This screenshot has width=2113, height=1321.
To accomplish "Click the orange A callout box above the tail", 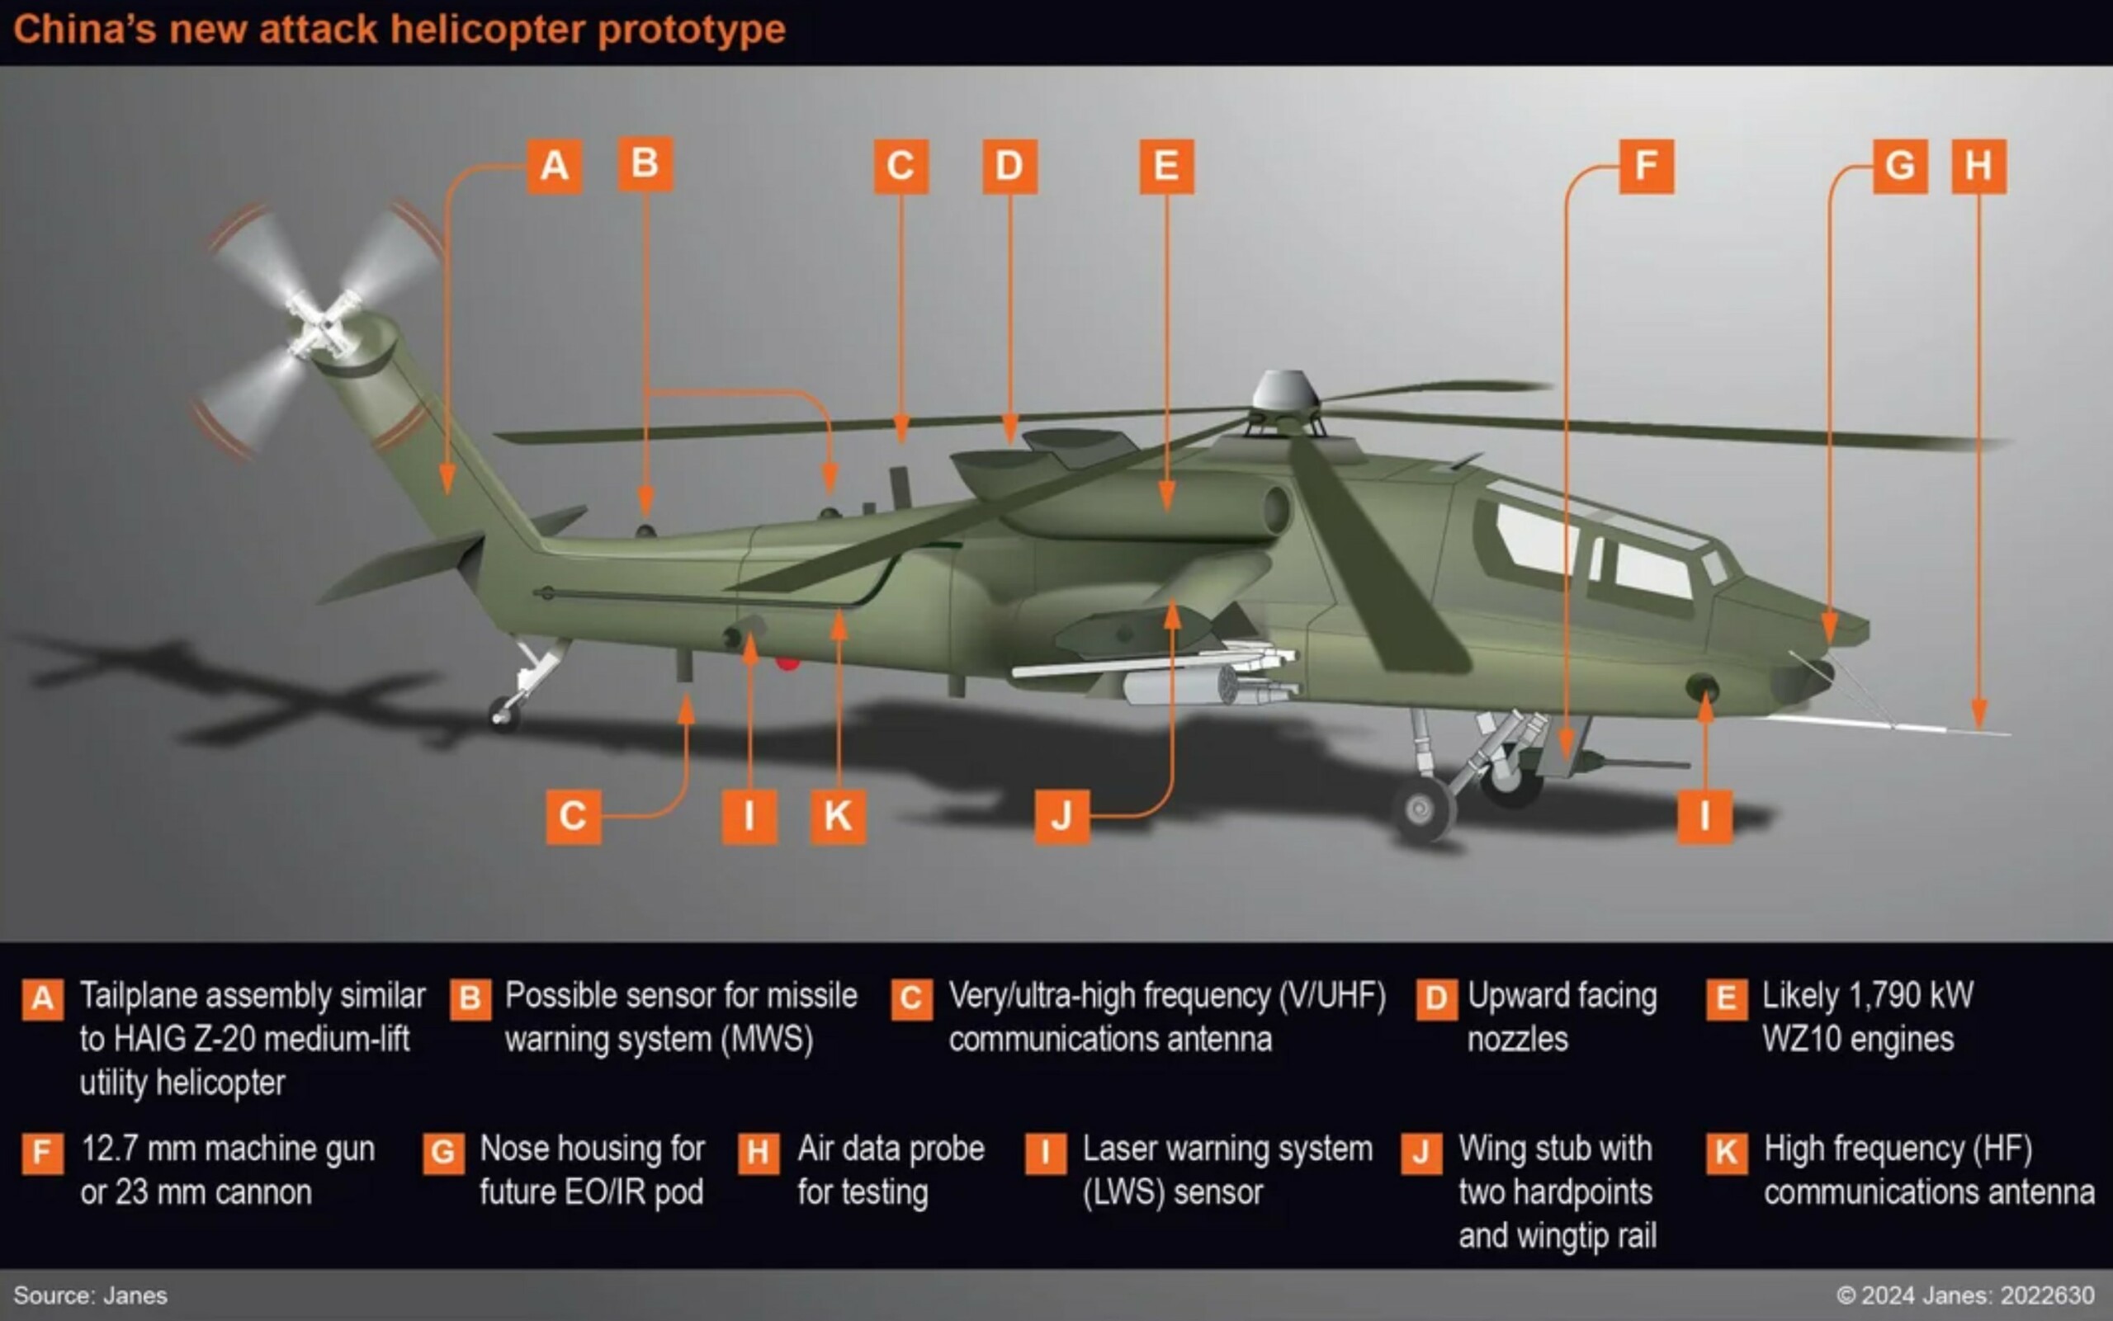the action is [x=554, y=166].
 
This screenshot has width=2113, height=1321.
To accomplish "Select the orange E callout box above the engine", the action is [x=1166, y=166].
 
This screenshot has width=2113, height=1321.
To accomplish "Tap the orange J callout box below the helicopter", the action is [x=1061, y=816].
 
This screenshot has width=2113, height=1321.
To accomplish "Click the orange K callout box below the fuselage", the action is [x=838, y=816].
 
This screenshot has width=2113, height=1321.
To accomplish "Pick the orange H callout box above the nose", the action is [x=1978, y=166].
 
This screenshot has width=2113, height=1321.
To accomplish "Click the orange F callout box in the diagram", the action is [x=1647, y=166].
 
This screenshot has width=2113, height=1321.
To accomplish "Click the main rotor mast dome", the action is [x=1283, y=390].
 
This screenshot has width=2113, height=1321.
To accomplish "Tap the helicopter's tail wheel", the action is [x=504, y=714].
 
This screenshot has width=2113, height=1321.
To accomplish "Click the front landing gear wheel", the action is [x=1422, y=809].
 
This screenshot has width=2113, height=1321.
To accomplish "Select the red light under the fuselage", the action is [x=787, y=664].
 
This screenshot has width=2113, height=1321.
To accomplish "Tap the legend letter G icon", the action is [x=443, y=1154].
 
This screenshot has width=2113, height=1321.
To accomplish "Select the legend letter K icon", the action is [x=1726, y=1154].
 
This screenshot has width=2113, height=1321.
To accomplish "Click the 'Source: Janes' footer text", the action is [x=90, y=1295].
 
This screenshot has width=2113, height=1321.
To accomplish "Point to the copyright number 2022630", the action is [x=2047, y=1295].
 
